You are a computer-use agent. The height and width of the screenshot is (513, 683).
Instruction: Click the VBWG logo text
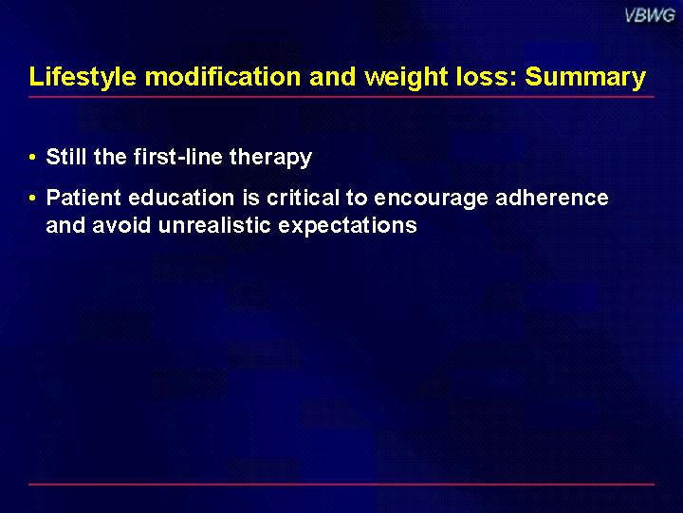click(x=650, y=16)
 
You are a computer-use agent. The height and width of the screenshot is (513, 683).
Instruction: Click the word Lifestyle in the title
click(x=83, y=77)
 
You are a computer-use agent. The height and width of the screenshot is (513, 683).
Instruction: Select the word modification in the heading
click(x=223, y=76)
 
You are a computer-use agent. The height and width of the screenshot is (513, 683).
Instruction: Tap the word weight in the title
click(x=406, y=78)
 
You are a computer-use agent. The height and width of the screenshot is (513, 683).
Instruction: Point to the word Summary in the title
click(x=585, y=78)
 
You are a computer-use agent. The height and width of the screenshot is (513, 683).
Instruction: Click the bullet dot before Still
click(x=32, y=157)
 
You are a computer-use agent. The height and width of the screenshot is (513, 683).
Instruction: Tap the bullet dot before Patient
click(x=32, y=198)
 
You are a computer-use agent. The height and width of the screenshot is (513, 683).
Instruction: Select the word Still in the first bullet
click(x=65, y=156)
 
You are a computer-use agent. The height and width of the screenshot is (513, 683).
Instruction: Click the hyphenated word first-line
click(x=178, y=156)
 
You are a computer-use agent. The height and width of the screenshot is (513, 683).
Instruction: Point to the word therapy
click(x=271, y=158)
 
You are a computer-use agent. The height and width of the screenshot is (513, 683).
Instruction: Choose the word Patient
click(x=83, y=198)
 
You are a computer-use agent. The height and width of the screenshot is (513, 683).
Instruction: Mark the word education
click(x=181, y=198)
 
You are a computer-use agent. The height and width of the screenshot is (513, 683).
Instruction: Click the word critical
click(x=303, y=198)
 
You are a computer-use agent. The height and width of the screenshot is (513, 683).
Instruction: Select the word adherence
click(x=552, y=198)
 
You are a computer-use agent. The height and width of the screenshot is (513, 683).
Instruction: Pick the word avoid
click(x=121, y=225)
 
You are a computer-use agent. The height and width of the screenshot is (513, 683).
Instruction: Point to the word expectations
click(x=347, y=226)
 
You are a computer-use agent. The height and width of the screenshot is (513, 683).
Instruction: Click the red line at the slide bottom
click(x=341, y=484)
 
